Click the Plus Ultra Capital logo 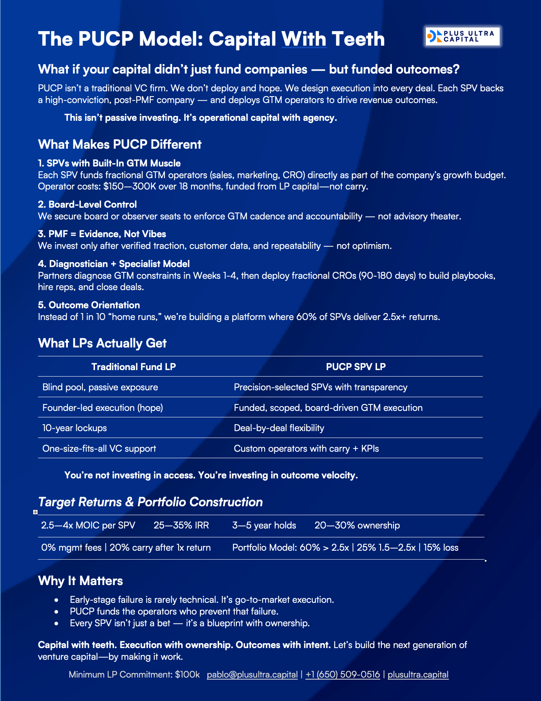tap(463, 36)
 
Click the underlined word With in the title tap(304, 39)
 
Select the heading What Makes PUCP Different tap(120, 145)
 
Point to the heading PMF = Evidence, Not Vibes tap(102, 234)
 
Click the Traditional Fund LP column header tap(133, 367)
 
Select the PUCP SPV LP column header tap(356, 367)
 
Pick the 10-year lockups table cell tap(75, 428)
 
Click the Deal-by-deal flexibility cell tap(279, 428)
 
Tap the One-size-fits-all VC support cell tap(99, 448)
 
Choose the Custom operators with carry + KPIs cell tap(306, 448)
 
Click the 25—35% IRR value tap(181, 525)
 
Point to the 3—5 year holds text tap(264, 525)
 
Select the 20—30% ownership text tap(357, 525)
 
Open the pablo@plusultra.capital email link tap(252, 674)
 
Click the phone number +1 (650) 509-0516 tap(343, 674)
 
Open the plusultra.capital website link tap(418, 674)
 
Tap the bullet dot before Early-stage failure tap(57, 600)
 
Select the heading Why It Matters tap(80, 581)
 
